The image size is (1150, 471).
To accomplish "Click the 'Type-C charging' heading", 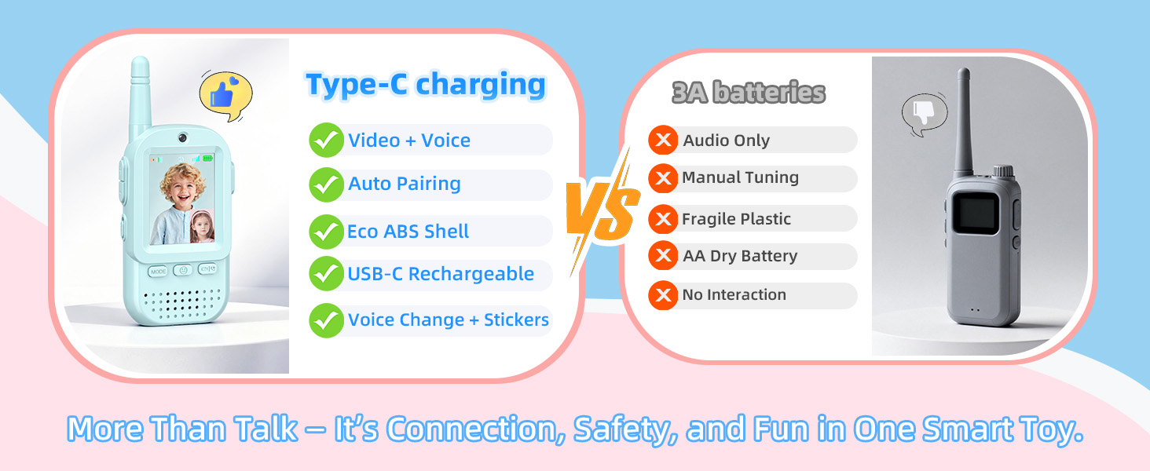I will pyautogui.click(x=425, y=85).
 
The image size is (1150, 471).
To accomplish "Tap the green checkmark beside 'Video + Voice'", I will pyautogui.click(x=326, y=141).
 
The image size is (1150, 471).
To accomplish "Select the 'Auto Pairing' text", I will pyautogui.click(x=405, y=184).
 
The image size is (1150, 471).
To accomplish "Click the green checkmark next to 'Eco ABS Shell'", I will pyautogui.click(x=326, y=232).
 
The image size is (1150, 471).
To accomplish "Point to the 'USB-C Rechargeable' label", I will pyautogui.click(x=441, y=274).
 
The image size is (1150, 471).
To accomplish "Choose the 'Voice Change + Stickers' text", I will pyautogui.click(x=449, y=320).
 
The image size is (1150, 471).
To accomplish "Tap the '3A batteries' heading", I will pyautogui.click(x=749, y=93).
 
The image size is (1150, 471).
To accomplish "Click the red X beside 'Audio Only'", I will pyautogui.click(x=663, y=141).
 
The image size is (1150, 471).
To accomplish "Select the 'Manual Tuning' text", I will pyautogui.click(x=740, y=177).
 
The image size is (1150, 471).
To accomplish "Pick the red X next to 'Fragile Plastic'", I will pyautogui.click(x=663, y=219).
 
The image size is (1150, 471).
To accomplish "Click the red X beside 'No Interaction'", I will pyautogui.click(x=663, y=295).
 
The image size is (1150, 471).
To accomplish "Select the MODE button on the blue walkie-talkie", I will pyautogui.click(x=159, y=271).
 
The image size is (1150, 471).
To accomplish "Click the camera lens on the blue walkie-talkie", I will pyautogui.click(x=182, y=137).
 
